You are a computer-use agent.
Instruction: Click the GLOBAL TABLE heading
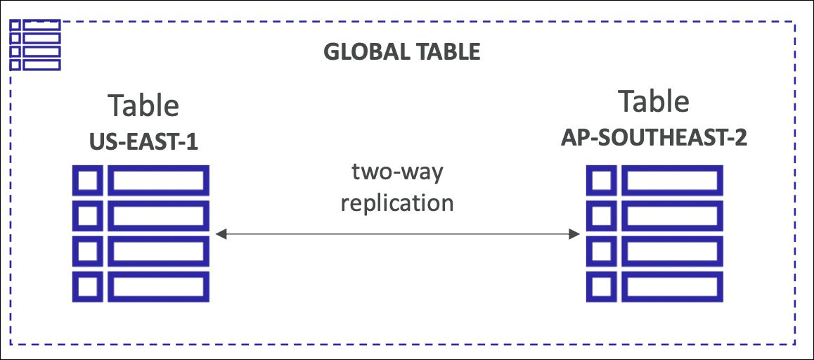[401, 52]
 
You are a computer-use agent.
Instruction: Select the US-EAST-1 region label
[143, 143]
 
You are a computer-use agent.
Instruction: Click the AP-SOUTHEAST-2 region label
[654, 138]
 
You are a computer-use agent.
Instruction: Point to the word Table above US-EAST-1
[143, 106]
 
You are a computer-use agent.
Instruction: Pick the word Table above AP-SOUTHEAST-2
[654, 102]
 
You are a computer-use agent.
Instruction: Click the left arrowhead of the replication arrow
[221, 234]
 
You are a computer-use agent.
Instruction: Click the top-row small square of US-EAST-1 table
[86, 181]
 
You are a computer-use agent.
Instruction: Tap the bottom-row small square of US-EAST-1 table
[86, 287]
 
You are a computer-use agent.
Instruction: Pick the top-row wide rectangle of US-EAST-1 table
[158, 181]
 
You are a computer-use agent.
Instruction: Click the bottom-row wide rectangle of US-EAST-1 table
[158, 287]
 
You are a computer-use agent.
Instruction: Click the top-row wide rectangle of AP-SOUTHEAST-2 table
[672, 181]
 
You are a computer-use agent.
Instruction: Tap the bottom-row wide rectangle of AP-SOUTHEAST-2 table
[672, 287]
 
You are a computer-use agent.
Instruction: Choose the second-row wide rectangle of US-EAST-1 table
[158, 216]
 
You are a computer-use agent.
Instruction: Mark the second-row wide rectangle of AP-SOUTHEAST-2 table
[672, 216]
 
